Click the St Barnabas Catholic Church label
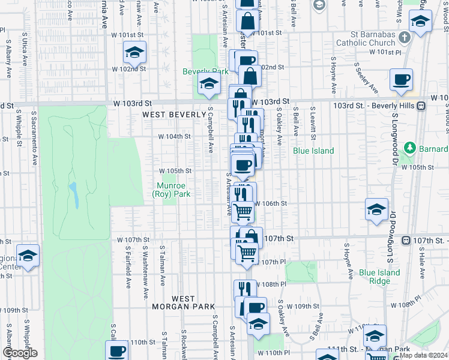[366, 39]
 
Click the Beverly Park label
[205, 71]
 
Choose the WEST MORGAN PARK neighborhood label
[183, 302]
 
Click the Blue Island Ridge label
[379, 277]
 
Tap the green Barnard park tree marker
[409, 147]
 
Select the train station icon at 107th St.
[406, 241]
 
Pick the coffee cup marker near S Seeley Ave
[401, 79]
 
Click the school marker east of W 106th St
[376, 209]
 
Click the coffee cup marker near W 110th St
[118, 350]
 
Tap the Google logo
[20, 353]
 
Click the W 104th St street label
[174, 136]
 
